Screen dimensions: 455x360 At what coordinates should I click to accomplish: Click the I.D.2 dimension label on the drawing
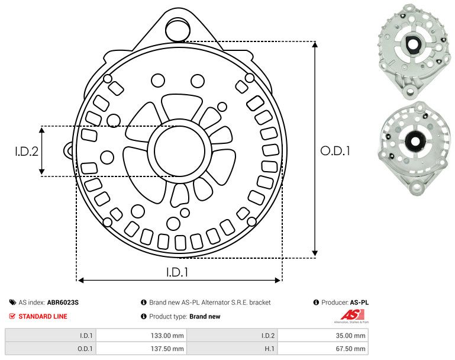pos(27,151)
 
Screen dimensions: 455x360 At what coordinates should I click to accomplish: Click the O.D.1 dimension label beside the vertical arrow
pos(335,150)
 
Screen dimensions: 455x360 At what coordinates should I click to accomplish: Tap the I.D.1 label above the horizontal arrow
pos(178,272)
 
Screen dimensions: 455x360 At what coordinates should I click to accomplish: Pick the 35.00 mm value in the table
pos(350,336)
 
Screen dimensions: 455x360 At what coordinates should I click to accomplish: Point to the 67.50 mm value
pos(350,348)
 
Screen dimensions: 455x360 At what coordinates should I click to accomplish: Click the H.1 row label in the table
pos(270,348)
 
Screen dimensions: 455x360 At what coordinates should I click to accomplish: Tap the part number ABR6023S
pos(63,302)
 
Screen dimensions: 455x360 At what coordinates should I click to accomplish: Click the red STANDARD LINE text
pos(43,316)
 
